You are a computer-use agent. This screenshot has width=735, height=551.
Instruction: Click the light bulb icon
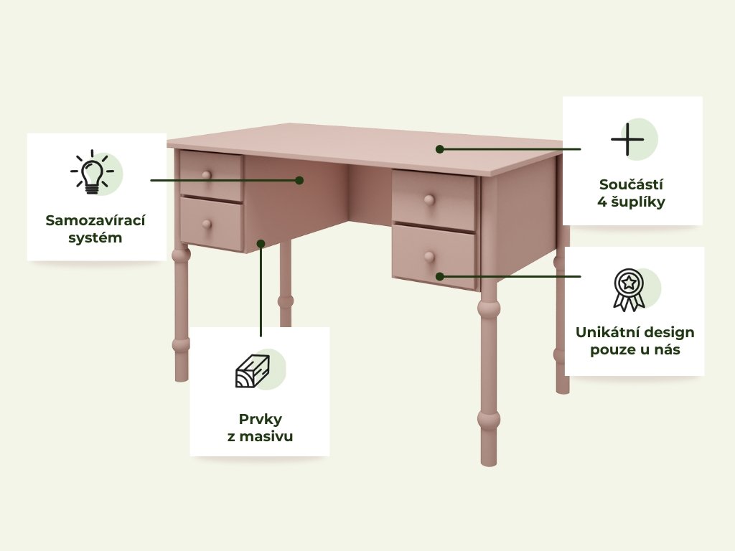click(x=93, y=172)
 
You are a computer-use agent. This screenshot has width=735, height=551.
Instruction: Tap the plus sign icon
click(x=627, y=139)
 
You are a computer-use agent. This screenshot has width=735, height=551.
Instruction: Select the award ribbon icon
click(x=629, y=290)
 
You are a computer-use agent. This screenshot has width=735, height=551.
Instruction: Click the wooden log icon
click(x=252, y=371)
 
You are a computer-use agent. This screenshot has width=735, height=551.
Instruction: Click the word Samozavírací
click(x=95, y=220)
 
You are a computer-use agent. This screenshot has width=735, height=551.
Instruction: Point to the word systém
click(x=95, y=238)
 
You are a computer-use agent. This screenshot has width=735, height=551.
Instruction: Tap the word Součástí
click(x=631, y=184)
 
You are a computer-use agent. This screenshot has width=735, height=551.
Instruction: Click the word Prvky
click(x=260, y=419)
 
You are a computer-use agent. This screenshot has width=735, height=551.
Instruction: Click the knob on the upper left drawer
click(x=206, y=175)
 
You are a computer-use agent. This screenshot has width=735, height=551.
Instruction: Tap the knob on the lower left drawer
click(x=207, y=225)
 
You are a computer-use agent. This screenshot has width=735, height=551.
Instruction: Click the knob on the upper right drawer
click(x=429, y=201)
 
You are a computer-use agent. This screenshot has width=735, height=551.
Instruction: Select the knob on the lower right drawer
click(x=429, y=257)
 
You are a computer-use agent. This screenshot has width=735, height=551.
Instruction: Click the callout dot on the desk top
click(x=440, y=149)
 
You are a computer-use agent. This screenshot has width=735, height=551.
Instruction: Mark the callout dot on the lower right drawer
click(x=440, y=276)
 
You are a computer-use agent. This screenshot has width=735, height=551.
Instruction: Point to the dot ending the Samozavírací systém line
click(x=299, y=180)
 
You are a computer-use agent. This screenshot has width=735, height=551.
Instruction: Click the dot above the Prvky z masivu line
click(x=261, y=244)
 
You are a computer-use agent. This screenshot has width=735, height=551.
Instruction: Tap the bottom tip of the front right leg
click(x=489, y=466)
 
